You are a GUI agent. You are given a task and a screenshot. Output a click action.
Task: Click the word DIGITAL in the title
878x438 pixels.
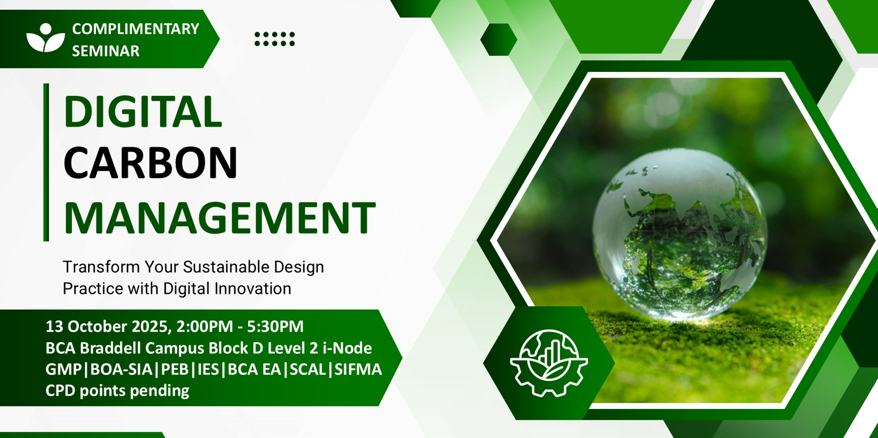[x=143, y=111]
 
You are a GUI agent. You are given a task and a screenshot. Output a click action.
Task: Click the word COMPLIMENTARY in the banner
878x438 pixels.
[x=135, y=29]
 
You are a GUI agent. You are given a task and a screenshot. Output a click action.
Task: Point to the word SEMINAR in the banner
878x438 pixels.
[x=106, y=51]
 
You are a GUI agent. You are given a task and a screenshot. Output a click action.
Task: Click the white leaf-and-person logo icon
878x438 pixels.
[x=46, y=38]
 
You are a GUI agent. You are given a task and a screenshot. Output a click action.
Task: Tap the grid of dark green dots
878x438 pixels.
[x=274, y=39]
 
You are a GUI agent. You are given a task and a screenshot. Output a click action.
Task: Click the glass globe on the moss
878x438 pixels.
[x=680, y=234]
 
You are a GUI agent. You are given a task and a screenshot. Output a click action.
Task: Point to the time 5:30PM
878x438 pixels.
[x=275, y=327]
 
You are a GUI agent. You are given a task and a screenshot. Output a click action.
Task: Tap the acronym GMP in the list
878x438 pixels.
[x=63, y=369]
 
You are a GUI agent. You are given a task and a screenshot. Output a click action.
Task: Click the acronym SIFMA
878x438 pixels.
[x=358, y=369]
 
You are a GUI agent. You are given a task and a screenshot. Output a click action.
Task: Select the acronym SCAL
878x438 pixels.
[x=308, y=369]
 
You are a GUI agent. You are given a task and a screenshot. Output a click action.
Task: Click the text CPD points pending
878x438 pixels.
[x=117, y=391]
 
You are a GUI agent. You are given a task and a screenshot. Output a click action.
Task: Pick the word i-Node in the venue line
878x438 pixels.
[x=348, y=348]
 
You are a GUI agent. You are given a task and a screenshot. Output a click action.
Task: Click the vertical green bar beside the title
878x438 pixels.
[x=46, y=162]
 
